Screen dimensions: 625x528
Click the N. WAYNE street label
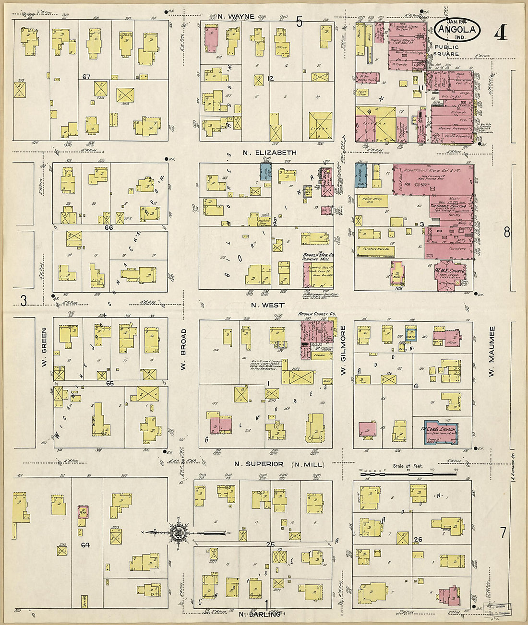235,17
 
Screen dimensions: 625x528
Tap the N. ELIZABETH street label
269,153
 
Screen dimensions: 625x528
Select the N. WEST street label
267,305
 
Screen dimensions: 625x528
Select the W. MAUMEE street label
492,352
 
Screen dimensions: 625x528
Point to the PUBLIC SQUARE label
446,50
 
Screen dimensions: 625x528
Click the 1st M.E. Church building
450,274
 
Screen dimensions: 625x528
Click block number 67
86,77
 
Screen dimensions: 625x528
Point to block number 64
85,545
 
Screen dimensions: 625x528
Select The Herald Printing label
447,206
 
